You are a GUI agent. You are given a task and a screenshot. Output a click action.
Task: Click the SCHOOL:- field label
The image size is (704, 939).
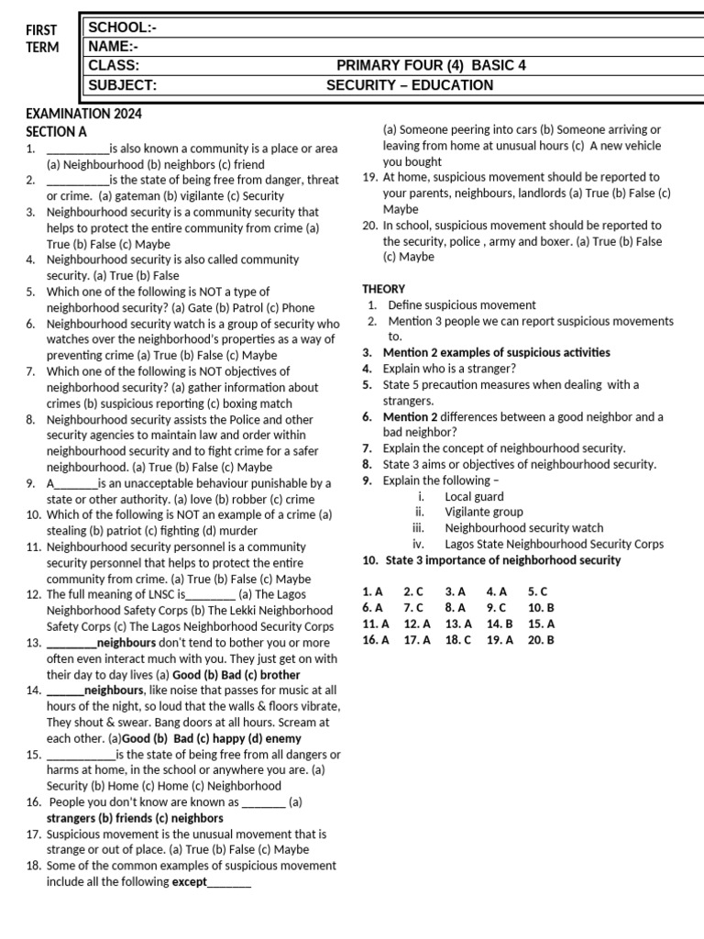click(122, 28)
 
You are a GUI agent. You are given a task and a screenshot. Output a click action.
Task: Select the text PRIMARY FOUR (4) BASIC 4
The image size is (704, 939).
click(431, 66)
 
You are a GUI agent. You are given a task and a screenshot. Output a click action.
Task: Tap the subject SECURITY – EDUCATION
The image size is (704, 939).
click(410, 85)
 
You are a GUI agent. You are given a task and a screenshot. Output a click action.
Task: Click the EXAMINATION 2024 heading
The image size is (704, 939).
click(83, 115)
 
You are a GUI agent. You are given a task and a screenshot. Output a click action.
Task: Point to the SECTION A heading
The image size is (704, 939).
click(56, 131)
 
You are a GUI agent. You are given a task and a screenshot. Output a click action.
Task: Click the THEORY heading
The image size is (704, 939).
click(383, 289)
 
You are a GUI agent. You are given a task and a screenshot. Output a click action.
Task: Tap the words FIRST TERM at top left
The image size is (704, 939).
click(41, 39)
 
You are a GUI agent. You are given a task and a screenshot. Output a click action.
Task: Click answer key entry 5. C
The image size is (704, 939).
click(537, 591)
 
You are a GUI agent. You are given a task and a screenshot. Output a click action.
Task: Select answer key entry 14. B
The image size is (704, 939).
click(500, 624)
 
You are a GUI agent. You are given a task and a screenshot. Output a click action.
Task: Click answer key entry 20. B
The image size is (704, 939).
click(541, 640)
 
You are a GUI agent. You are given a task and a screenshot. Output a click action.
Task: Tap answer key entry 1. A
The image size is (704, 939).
click(372, 591)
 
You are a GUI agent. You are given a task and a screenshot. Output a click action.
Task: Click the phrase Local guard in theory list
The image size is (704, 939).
click(474, 496)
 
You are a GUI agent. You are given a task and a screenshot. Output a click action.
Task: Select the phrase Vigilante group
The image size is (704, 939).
click(484, 512)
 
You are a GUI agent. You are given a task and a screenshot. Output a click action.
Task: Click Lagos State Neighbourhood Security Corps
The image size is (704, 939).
click(554, 544)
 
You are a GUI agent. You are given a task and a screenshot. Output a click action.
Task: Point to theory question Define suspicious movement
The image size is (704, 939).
click(462, 304)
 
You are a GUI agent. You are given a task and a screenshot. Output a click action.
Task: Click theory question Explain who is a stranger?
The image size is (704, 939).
click(449, 369)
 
